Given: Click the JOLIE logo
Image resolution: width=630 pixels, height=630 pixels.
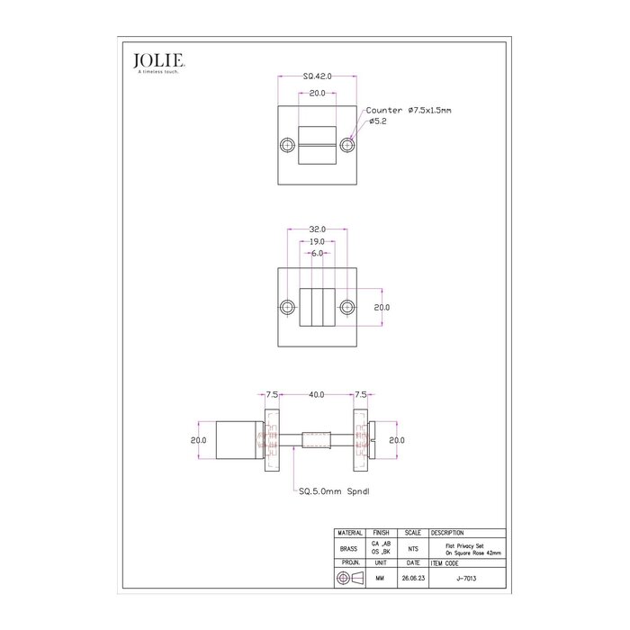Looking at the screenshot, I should tap(159, 60).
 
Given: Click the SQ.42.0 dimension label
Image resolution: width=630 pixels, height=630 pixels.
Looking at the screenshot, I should tap(317, 78).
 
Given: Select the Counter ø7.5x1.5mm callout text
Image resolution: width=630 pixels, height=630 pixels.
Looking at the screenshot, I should tap(409, 110).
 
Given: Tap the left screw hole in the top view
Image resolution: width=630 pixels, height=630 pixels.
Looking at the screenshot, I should tap(287, 146).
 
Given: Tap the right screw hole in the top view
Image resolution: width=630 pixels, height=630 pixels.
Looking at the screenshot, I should tap(347, 146).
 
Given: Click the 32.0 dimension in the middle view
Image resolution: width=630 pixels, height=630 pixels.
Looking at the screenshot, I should tap(317, 229).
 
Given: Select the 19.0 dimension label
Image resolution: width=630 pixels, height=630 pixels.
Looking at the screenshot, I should tap(317, 241).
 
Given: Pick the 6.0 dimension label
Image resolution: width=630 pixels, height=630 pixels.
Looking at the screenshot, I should tap(317, 254).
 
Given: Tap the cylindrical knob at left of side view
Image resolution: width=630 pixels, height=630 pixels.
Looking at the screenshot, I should tap(236, 441).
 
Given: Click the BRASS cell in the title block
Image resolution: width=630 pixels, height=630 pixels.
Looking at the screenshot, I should tap(349, 548).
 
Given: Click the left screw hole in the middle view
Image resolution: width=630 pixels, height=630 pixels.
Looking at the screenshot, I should tap(287, 306).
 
